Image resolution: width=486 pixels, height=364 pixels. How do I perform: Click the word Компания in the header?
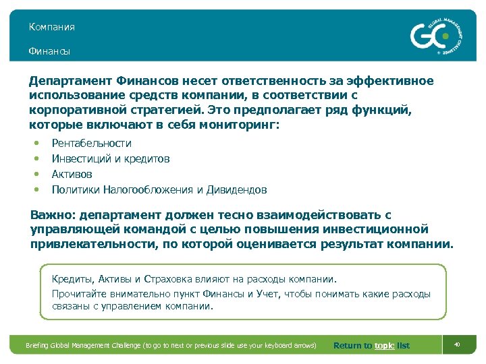tap(51, 27)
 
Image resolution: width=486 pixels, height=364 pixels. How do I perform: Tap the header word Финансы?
tap(49, 51)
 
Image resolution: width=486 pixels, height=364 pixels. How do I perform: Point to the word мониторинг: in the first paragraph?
tap(243, 125)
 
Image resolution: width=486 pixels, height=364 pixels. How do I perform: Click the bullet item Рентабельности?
tap(92, 143)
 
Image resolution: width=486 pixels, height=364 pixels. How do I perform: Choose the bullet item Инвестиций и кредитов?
tap(111, 158)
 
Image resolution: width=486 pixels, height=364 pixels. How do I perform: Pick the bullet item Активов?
tap(72, 174)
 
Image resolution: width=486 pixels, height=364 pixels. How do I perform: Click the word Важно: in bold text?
tap(53, 215)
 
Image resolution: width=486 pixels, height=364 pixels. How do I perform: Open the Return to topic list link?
tap(371, 346)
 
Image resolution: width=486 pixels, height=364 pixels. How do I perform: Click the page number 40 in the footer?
tap(457, 345)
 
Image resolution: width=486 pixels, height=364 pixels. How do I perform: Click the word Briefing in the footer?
tap(40, 346)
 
